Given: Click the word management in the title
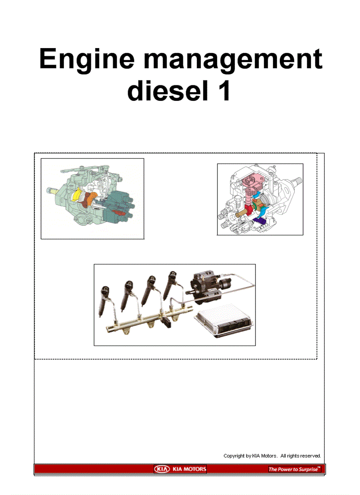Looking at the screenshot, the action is tap(233, 59).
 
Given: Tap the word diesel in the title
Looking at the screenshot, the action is tap(168, 91).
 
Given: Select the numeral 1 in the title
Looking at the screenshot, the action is tap(225, 91).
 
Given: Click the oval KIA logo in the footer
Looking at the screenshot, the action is tap(162, 469).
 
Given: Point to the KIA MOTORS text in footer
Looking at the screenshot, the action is tap(189, 469).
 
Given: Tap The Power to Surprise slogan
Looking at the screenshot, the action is tap(294, 469).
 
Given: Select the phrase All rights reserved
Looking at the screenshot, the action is tap(300, 456).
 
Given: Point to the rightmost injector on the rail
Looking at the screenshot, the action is tap(171, 286).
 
